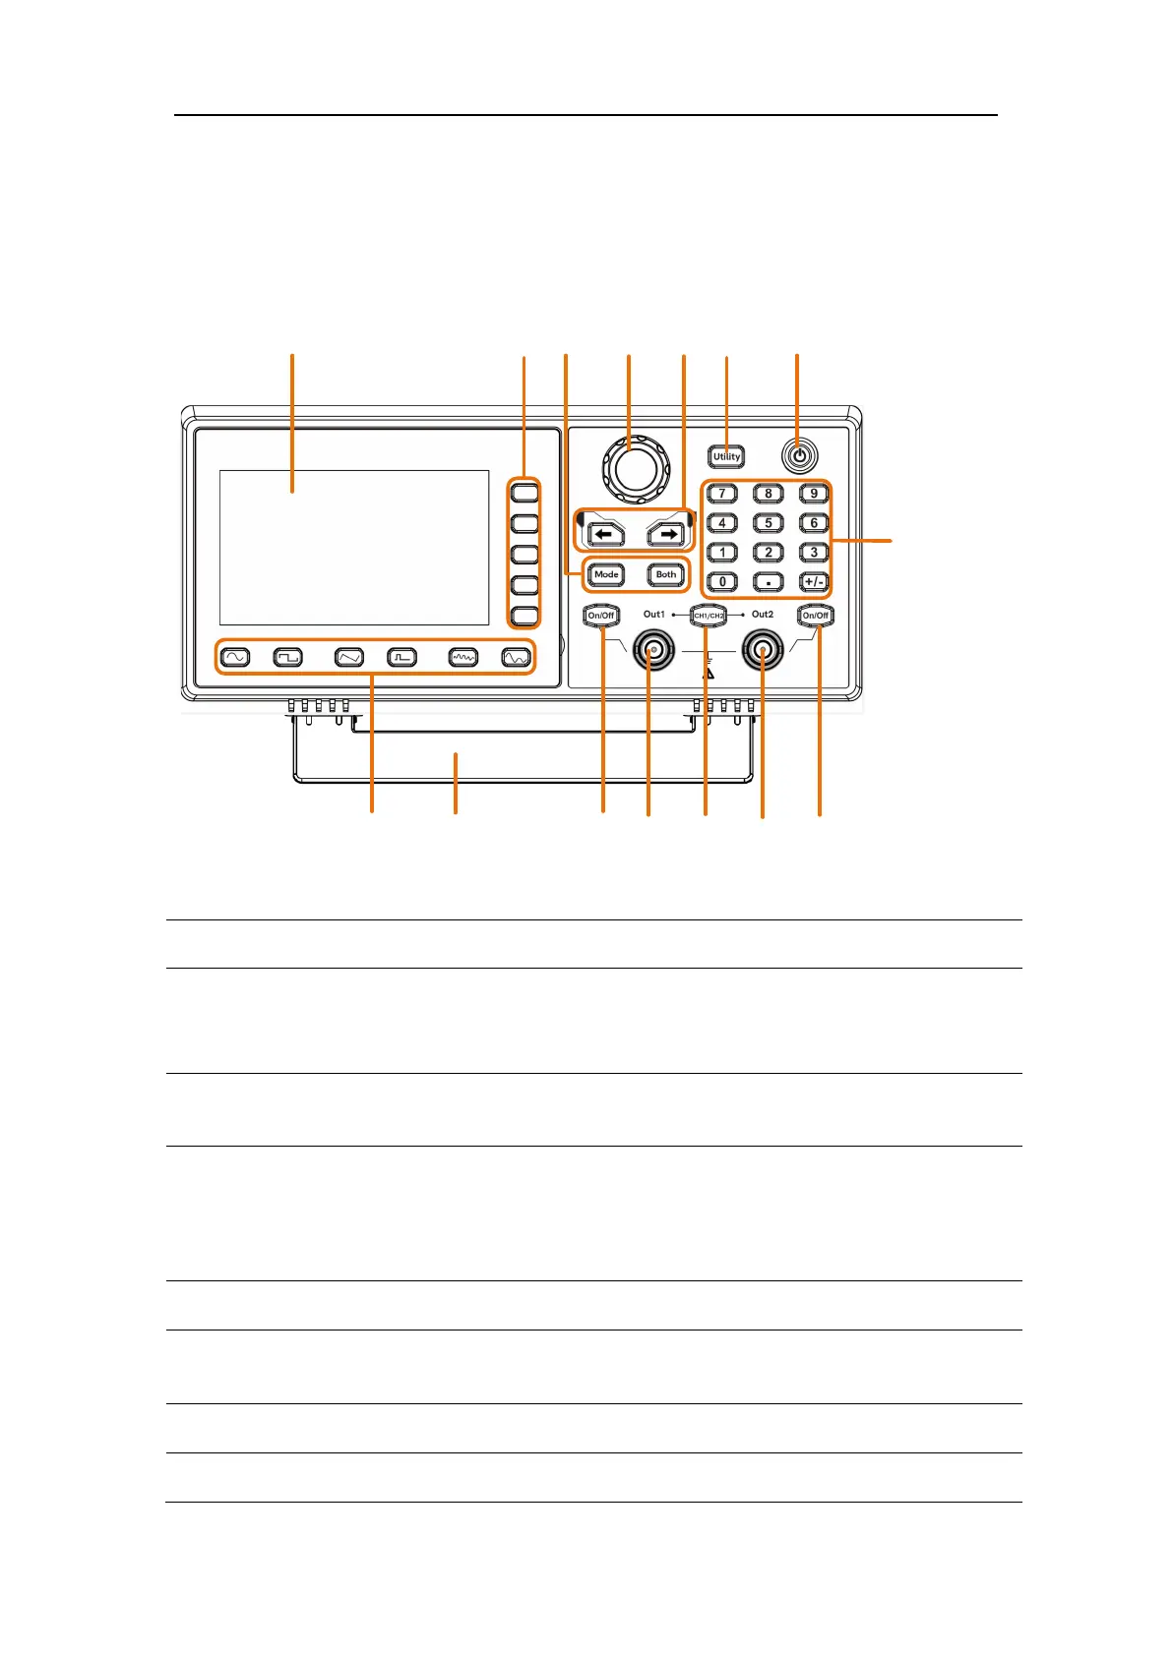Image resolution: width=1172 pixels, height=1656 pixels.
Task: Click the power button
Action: (x=799, y=456)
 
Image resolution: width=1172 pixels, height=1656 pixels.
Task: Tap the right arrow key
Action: (x=666, y=534)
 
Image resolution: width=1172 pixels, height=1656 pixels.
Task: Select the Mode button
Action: (x=606, y=574)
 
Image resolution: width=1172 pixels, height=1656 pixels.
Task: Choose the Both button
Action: (x=666, y=574)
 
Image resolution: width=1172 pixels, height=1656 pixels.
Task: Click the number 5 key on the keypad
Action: (x=769, y=523)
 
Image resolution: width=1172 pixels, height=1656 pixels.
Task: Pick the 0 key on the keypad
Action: (x=722, y=581)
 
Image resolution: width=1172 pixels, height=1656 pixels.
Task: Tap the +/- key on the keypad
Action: (x=814, y=581)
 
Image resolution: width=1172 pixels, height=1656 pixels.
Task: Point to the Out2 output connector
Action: (x=763, y=649)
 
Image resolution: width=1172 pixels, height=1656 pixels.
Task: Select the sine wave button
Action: (x=235, y=657)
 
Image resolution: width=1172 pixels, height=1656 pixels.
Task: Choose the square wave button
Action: (x=287, y=657)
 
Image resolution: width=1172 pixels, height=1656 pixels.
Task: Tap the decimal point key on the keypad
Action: (x=769, y=581)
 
